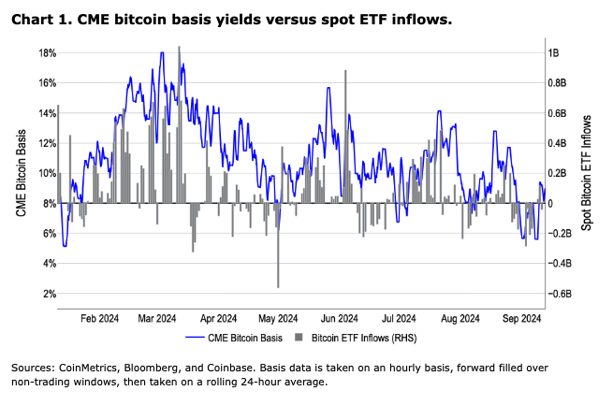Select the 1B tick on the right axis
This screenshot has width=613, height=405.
point(555,52)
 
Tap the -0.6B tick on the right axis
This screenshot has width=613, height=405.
point(562,294)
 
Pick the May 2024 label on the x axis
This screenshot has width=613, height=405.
point(278,318)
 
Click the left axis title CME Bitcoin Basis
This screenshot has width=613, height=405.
point(21,174)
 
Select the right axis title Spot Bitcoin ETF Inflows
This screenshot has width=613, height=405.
point(588,174)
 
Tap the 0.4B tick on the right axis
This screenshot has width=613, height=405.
point(559,143)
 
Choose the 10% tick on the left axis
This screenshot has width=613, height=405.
point(46,173)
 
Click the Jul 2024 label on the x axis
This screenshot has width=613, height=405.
point(400,318)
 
